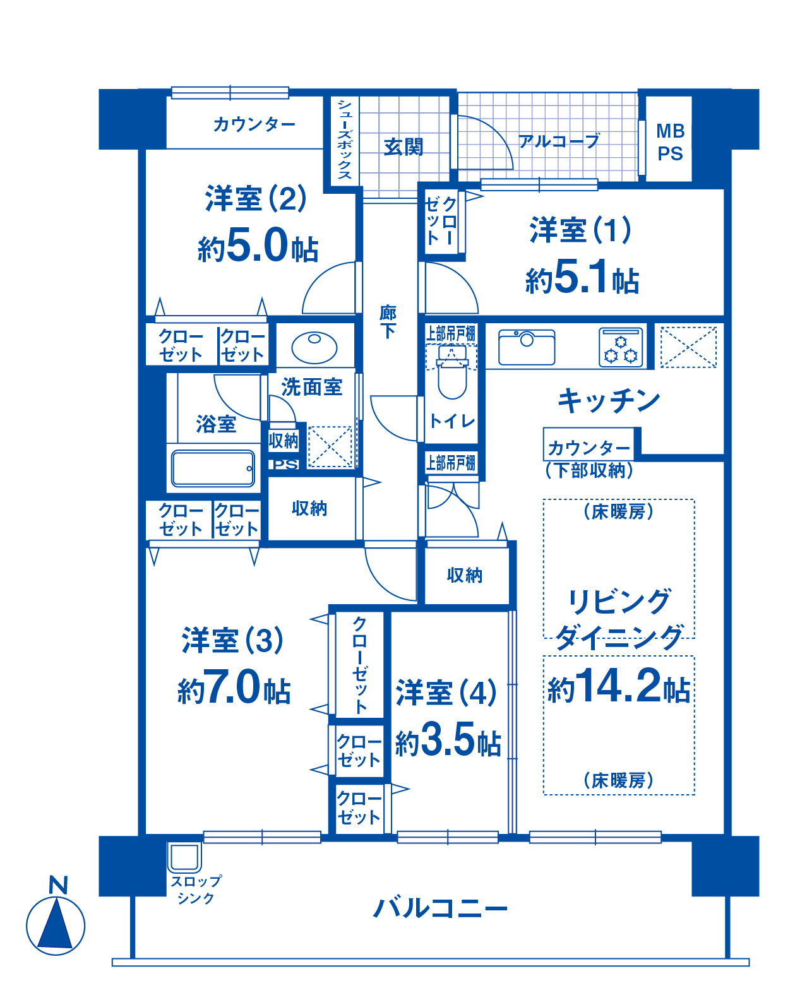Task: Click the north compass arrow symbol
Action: coord(56,925)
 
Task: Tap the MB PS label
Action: coord(670,142)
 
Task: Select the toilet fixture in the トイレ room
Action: coord(452,372)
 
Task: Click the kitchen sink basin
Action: coord(526,347)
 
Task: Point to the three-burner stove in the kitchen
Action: coord(621,348)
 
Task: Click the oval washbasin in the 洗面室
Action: coord(314,348)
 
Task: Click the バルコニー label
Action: coord(439,908)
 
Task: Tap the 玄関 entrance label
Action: coord(403,147)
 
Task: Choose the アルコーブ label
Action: coord(559,141)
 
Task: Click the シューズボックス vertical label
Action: coord(345,139)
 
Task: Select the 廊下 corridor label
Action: coord(388,321)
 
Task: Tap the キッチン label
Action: coord(609,400)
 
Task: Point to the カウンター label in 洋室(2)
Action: coord(254,124)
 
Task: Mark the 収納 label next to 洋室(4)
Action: coord(465,575)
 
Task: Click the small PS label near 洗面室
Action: coord(285,464)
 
